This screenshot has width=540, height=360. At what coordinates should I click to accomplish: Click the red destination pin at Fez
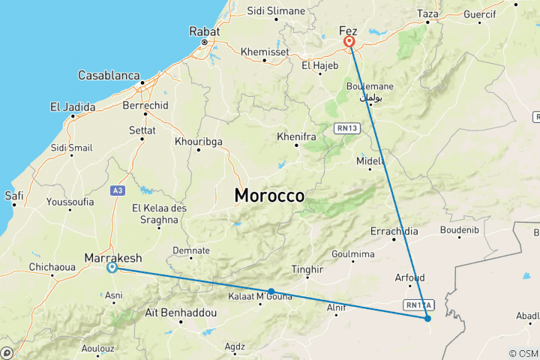pos(349,43)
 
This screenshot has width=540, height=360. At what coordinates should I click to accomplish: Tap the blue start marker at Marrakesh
pos(112,267)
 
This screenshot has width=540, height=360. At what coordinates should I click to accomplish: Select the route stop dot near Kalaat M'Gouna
pos(271,291)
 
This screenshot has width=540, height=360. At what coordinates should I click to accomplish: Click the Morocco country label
pos(269,196)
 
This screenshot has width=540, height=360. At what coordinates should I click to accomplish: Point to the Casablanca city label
pos(109,76)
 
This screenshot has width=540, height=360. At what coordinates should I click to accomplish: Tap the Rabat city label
pos(204,32)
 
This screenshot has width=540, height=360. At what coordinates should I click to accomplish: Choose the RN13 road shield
pos(347,128)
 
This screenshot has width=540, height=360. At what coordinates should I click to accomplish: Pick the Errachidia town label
pos(394,232)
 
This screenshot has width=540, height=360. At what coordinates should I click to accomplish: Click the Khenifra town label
pos(295,137)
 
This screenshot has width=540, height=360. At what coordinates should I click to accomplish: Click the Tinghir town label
pos(308,269)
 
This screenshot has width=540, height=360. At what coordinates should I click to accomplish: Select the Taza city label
pos(427,13)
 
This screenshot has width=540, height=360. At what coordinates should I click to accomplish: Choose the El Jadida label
pos(73,107)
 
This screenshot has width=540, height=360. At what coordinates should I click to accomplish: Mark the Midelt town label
pos(370,160)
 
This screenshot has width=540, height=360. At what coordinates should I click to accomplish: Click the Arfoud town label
pos(409,277)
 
